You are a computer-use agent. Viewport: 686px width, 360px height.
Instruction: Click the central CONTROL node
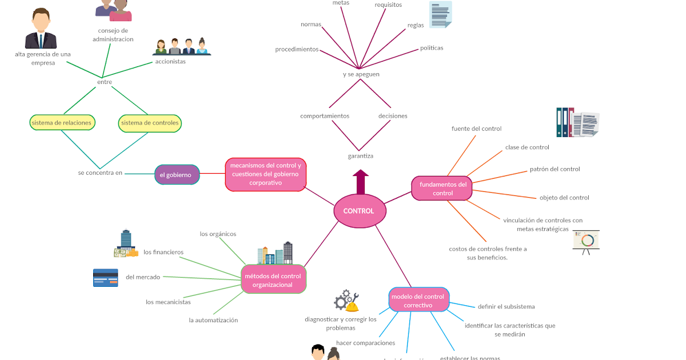360,211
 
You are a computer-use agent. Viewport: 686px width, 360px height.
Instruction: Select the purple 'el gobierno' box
177,175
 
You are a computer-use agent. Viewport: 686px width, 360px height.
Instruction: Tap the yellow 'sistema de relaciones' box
61,123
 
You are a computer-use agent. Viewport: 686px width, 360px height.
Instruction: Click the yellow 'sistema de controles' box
150,123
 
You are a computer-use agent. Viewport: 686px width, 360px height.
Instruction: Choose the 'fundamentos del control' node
442,189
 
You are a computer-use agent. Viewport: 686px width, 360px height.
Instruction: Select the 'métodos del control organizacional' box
273,280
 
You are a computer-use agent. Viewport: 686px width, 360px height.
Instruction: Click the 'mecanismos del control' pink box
265,174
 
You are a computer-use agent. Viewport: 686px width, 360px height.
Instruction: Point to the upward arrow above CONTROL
361,182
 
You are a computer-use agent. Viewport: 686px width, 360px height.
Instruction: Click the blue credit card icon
105,278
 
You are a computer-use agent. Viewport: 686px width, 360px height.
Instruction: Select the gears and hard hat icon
346,300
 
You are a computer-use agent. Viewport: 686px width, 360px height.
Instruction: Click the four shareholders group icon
182,47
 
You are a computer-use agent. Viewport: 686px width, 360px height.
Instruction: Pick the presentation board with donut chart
586,242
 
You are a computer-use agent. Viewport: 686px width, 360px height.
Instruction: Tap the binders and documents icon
577,123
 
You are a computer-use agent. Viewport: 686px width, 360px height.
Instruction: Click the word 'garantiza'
360,156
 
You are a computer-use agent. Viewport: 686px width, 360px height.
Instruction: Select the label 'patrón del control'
555,169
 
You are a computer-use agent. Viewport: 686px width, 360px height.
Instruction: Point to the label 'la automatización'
213,321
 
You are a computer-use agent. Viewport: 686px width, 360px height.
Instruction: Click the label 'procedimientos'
297,49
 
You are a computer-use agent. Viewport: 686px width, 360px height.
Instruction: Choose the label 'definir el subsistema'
506,307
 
